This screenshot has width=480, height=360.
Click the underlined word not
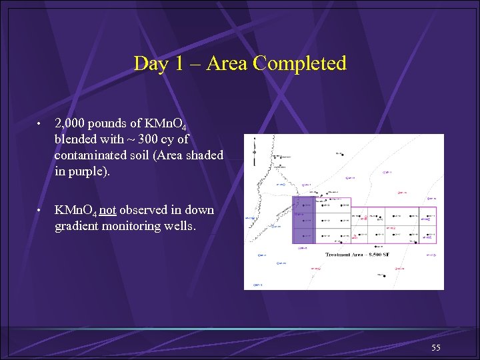(108, 210)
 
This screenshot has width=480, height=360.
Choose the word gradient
(79, 226)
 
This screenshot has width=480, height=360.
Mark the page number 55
(436, 348)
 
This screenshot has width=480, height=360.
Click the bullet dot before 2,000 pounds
(40, 125)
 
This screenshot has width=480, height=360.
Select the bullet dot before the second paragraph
(40, 211)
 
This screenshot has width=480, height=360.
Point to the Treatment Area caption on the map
(357, 255)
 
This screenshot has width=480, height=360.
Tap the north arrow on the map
(254, 150)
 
